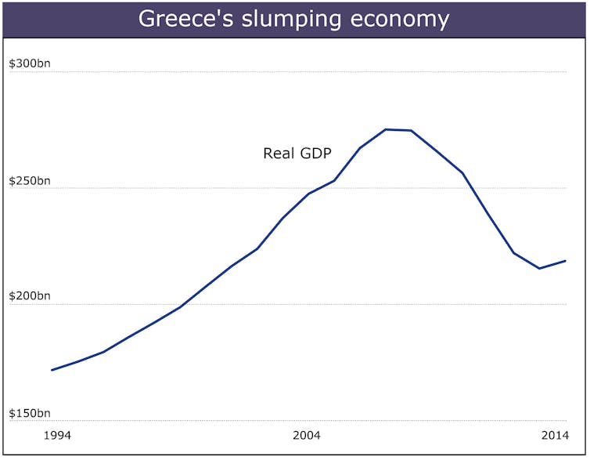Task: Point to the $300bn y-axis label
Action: [x=30, y=65]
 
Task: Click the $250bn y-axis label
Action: [x=30, y=182]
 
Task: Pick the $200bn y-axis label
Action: [x=30, y=297]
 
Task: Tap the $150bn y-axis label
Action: [x=30, y=414]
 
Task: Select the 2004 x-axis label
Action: [x=307, y=436]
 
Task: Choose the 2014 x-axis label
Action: [x=555, y=436]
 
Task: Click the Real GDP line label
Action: [x=297, y=154]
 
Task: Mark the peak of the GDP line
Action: [x=386, y=129]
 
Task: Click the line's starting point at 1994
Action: [x=52, y=370]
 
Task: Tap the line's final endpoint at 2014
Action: [x=565, y=261]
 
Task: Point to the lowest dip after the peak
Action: [x=539, y=269]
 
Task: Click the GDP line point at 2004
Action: [x=308, y=194]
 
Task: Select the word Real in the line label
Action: [x=278, y=154]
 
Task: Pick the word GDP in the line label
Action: [x=315, y=154]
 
